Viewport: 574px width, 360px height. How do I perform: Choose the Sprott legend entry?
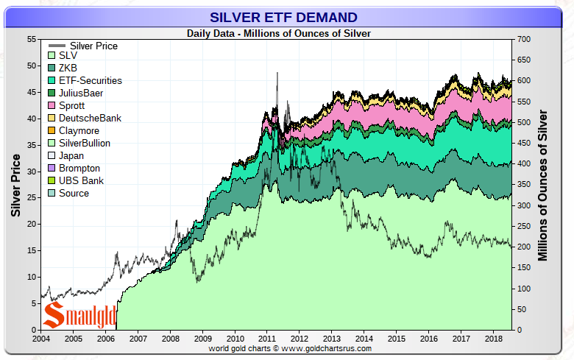(x=71, y=106)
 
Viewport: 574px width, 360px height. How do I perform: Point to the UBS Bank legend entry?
(x=80, y=180)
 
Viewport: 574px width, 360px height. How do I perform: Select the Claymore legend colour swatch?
(x=50, y=131)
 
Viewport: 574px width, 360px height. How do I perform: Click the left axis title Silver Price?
(x=15, y=184)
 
